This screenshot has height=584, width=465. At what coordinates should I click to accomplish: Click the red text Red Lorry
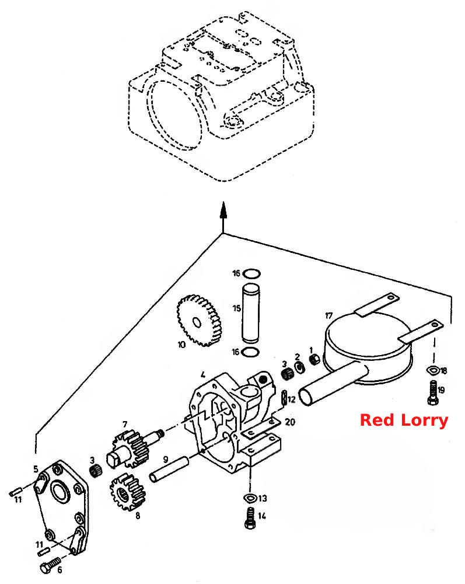tap(404, 420)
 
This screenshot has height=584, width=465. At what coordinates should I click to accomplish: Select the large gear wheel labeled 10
tap(199, 321)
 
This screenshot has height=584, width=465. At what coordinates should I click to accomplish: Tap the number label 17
tap(329, 316)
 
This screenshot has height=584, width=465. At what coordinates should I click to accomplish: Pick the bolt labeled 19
tap(433, 392)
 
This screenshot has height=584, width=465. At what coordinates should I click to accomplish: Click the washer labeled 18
tap(433, 370)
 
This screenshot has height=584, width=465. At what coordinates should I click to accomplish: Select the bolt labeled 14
tap(250, 518)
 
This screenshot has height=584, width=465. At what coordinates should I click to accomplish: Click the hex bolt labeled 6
tap(50, 565)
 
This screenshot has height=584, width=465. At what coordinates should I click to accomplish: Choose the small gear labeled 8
tap(128, 492)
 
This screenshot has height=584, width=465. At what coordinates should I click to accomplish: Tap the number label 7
tap(125, 424)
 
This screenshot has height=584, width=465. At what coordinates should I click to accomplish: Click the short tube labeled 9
tap(169, 470)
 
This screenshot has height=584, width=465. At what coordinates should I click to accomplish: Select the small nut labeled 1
tap(314, 359)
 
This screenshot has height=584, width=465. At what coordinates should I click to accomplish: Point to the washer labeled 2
tap(299, 367)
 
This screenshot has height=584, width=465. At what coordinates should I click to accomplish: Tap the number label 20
tap(290, 422)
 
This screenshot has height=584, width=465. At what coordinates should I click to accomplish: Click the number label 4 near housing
tap(202, 374)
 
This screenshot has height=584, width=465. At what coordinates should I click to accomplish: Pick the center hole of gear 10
tap(197, 322)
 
